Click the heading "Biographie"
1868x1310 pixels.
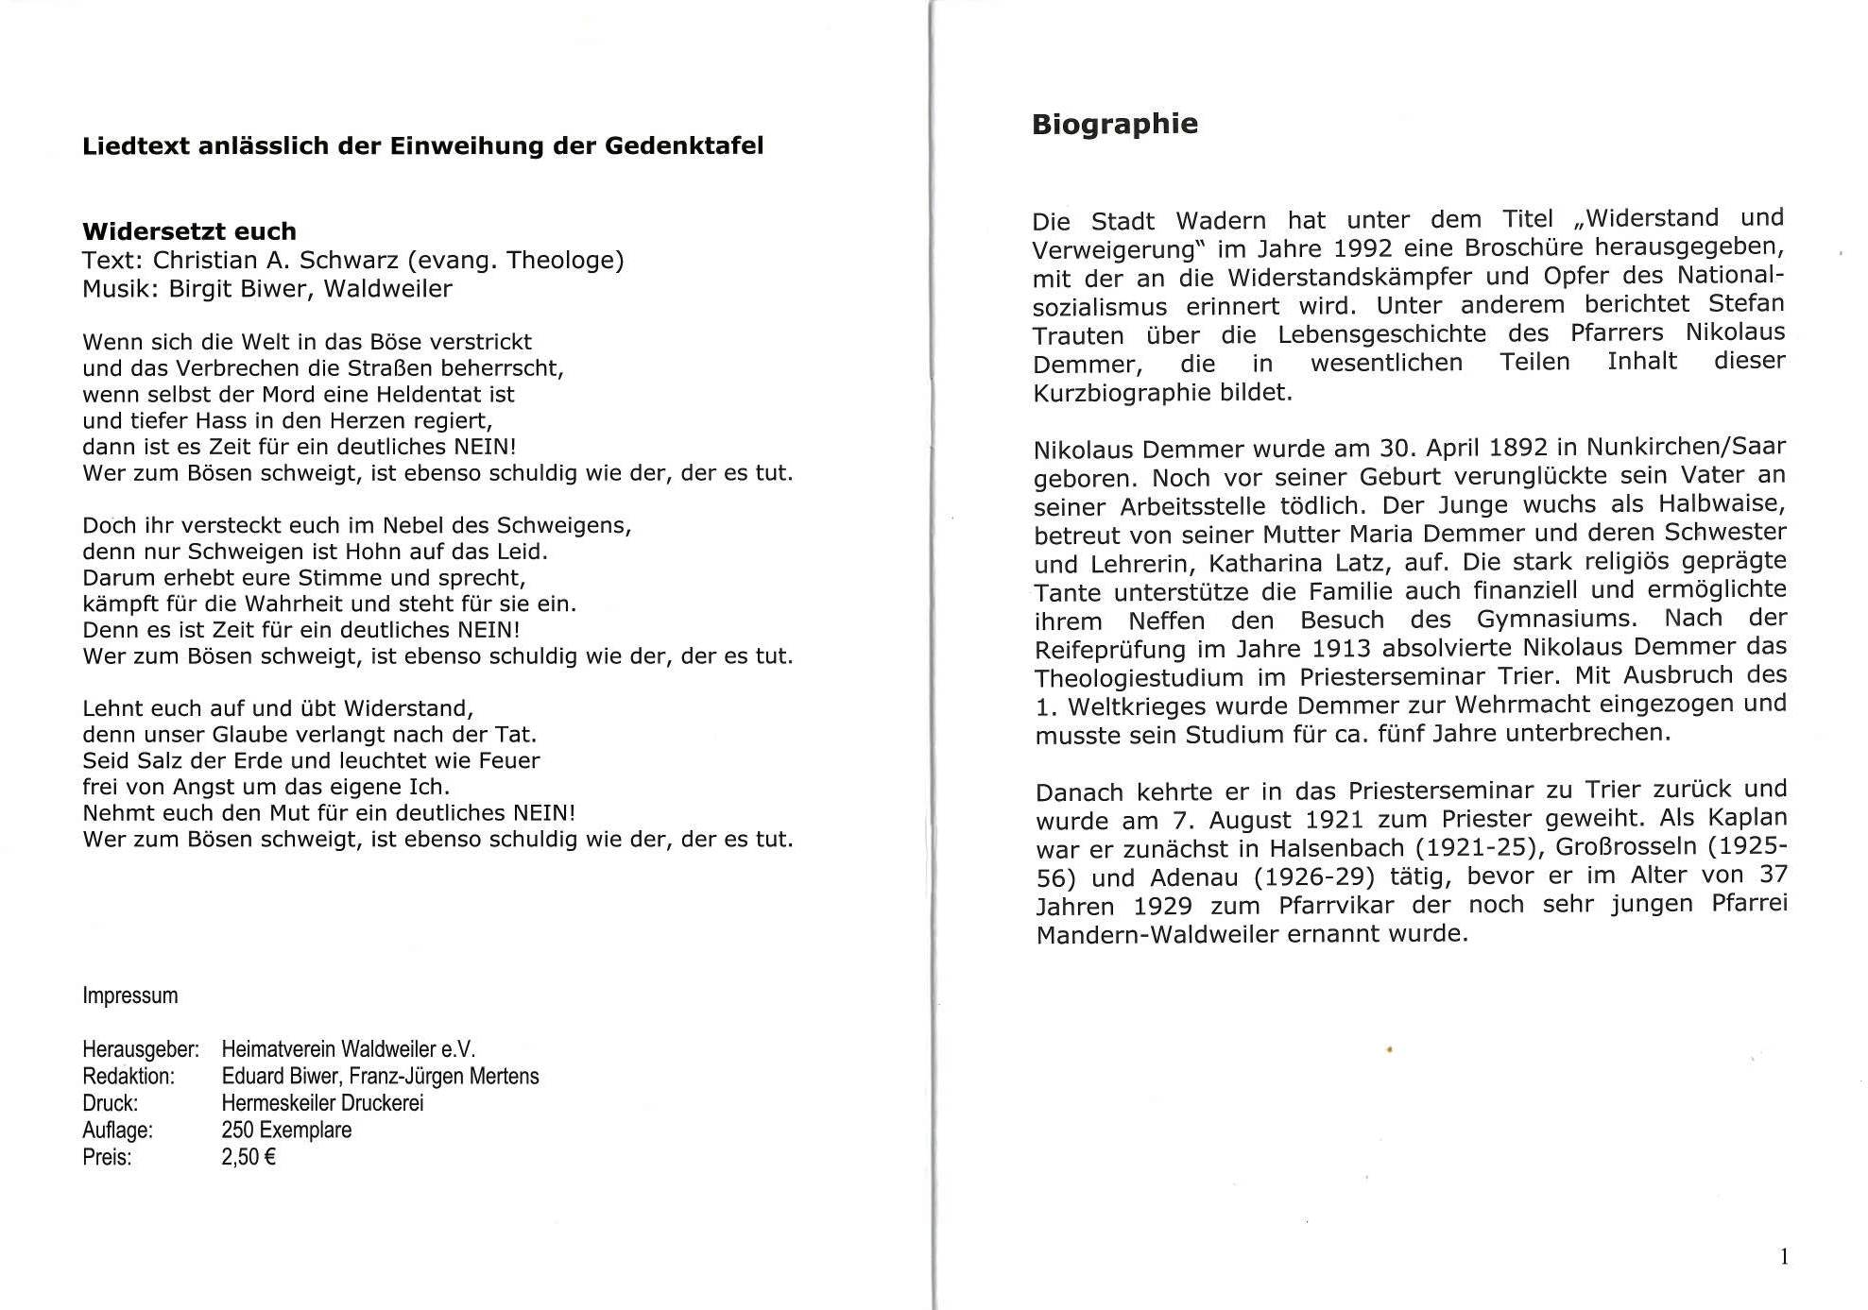click(1114, 125)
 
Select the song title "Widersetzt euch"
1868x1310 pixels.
click(189, 231)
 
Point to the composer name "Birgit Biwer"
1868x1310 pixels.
click(237, 288)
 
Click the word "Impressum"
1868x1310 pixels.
click(129, 995)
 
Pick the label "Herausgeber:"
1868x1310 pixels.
click(140, 1049)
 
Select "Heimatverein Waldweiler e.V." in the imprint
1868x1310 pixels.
click(348, 1049)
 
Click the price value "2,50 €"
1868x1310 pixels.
click(248, 1157)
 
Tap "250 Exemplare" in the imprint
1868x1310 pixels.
click(286, 1130)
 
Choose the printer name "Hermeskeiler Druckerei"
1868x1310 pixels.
click(322, 1103)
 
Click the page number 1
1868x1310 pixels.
click(1784, 1256)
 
